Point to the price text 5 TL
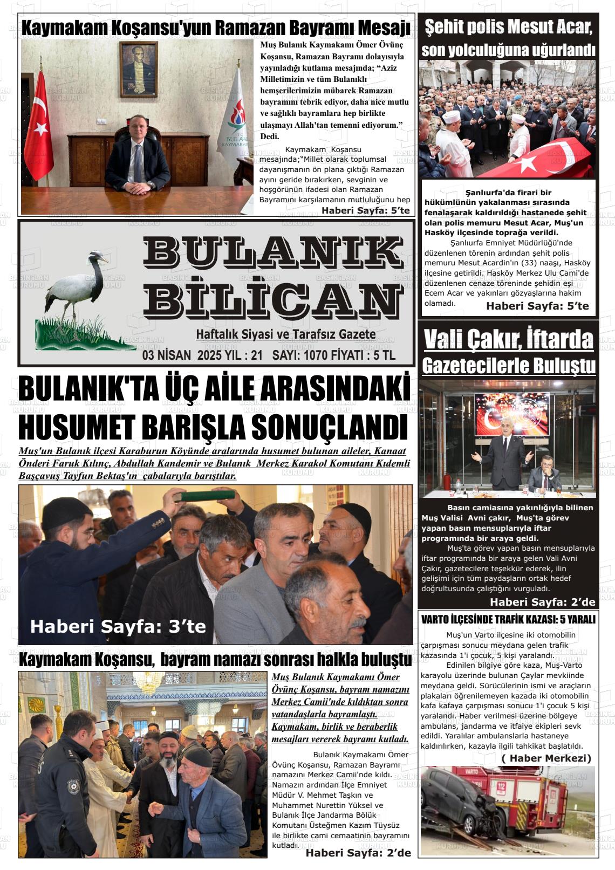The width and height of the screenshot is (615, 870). tap(385, 355)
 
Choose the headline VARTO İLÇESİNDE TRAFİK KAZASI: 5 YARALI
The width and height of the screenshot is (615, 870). tap(508, 620)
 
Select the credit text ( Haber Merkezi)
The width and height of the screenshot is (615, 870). tap(546, 758)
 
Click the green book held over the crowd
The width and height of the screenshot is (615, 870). tap(207, 495)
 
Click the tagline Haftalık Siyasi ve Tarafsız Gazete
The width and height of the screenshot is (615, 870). tap(285, 334)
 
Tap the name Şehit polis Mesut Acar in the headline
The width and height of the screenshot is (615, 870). tap(508, 26)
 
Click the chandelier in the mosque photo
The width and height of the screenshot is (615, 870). tap(148, 682)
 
